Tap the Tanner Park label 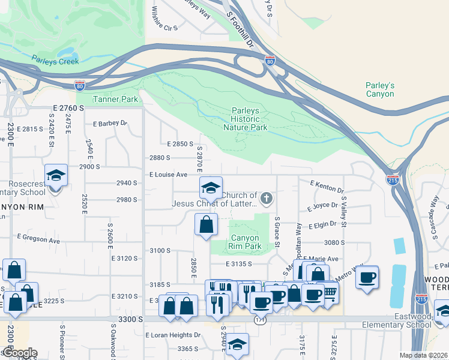click(x=115, y=99)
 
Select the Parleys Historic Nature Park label click(x=246, y=119)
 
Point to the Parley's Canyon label click(x=380, y=89)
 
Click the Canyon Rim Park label click(x=246, y=242)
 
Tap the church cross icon click(x=267, y=197)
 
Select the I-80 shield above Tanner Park click(x=80, y=86)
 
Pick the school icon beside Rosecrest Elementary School click(x=56, y=176)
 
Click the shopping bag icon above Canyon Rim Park click(x=206, y=225)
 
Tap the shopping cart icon click(x=329, y=292)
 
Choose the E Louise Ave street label click(x=169, y=175)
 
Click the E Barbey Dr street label click(x=110, y=124)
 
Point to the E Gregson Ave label click(x=39, y=239)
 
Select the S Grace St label click(x=277, y=230)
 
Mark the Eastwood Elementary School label click(x=397, y=320)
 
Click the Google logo click(x=20, y=353)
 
